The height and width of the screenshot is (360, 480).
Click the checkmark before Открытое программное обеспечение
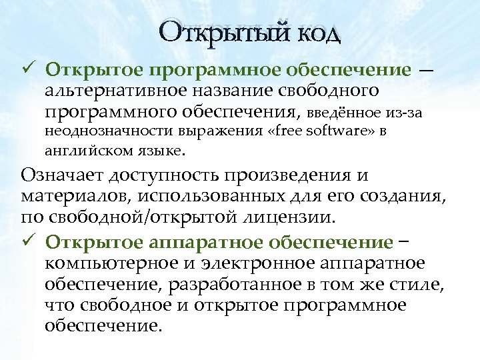pyautogui.click(x=27, y=68)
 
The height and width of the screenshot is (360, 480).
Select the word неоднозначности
pyautogui.click(x=111, y=131)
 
